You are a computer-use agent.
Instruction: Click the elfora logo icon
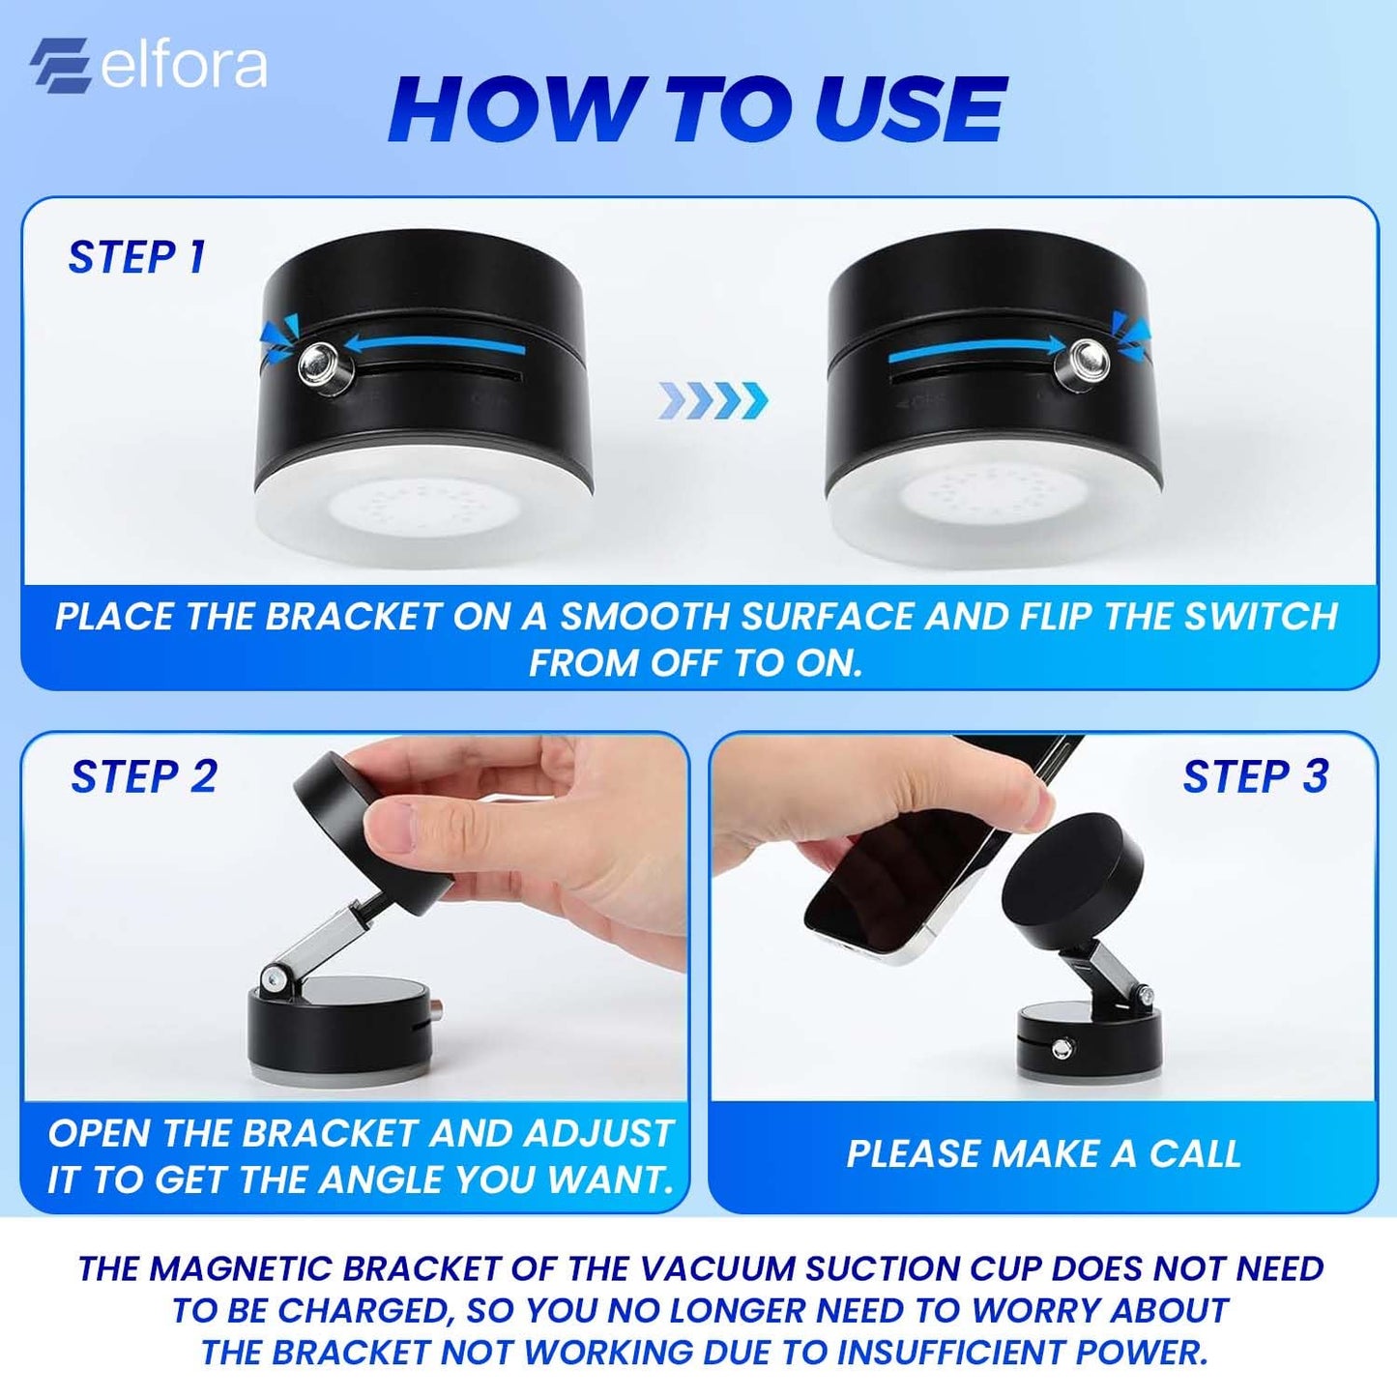[x=60, y=65]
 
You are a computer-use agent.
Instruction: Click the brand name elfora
[x=184, y=66]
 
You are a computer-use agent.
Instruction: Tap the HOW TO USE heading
[x=697, y=109]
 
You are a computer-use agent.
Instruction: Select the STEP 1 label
[x=136, y=258]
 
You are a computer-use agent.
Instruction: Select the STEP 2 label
[x=144, y=777]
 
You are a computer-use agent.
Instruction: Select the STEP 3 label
[x=1255, y=777]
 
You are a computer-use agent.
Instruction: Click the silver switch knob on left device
[x=319, y=364]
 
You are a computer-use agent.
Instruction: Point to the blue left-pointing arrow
[x=435, y=344]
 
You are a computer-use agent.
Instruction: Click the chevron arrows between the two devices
[x=713, y=399]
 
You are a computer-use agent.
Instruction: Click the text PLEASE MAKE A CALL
[x=1043, y=1154]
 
